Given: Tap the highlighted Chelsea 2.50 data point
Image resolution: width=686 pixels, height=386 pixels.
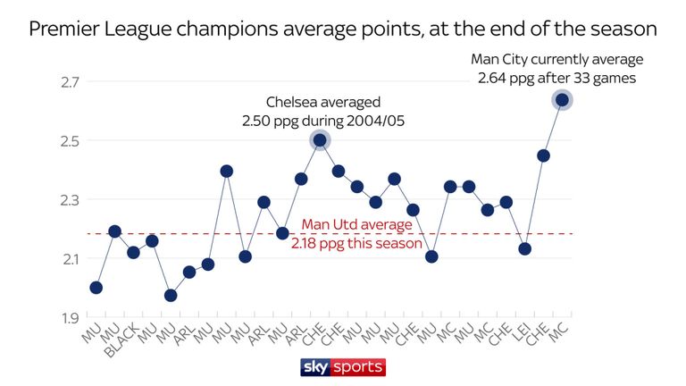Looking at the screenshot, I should point(320,139).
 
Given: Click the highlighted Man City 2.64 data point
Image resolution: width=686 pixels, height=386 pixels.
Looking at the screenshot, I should point(562,99).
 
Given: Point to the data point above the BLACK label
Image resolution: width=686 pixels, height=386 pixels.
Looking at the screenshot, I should point(133,253).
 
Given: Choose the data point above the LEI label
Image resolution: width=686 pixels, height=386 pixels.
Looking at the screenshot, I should point(524,248).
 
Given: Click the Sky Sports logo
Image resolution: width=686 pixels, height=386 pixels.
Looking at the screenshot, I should point(343,367).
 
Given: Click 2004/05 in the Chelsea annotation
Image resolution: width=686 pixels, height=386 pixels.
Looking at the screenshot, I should point(374,121).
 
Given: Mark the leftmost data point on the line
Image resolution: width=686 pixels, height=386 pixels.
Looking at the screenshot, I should point(96,288).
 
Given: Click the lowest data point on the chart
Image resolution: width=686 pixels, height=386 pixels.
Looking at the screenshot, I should point(171,295).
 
